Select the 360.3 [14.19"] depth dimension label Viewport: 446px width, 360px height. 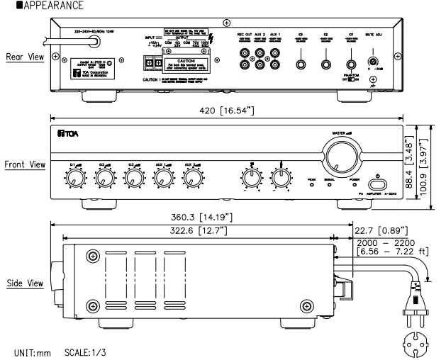(x=203, y=216)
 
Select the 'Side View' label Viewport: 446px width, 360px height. (x=23, y=283)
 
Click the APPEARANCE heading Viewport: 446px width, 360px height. (x=35, y=5)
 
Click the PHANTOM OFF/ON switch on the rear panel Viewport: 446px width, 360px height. (x=350, y=79)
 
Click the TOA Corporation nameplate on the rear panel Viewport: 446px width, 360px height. (x=87, y=76)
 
